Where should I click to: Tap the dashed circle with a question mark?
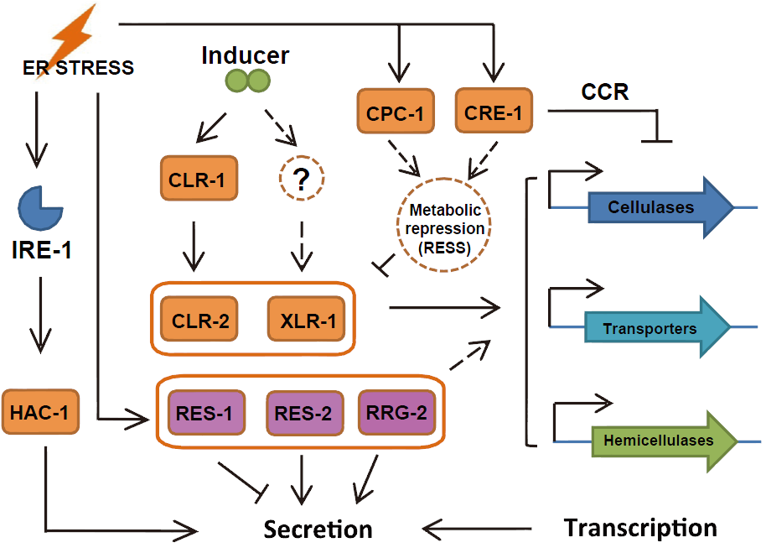click(x=299, y=178)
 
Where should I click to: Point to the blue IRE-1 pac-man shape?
click(x=39, y=208)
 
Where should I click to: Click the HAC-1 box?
click(x=34, y=412)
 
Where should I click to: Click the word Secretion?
click(x=318, y=530)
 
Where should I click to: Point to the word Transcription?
click(x=640, y=528)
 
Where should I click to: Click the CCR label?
click(x=605, y=91)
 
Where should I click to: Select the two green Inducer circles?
click(x=248, y=81)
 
